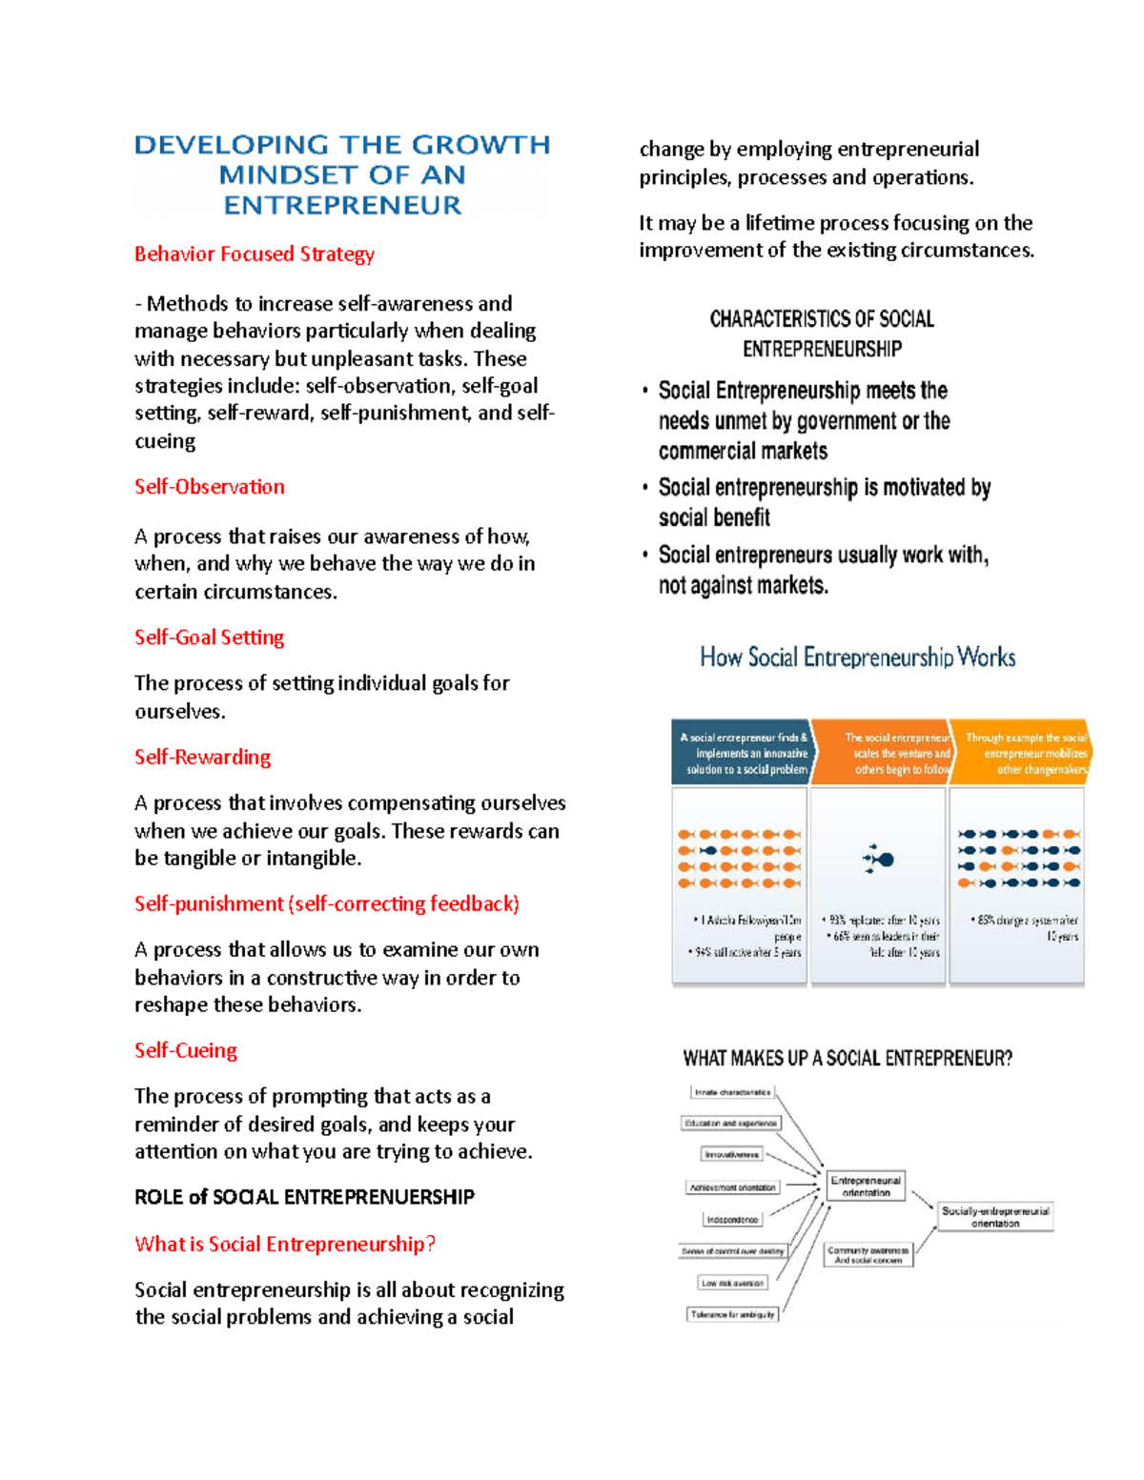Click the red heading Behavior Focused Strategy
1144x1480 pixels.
254,254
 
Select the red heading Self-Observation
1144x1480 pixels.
209,487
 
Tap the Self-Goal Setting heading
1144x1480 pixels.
209,638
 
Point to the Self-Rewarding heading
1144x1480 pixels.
202,758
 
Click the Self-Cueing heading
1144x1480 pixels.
185,1051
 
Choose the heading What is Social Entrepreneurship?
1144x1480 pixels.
284,1245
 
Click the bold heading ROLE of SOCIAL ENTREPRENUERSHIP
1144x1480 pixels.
304,1198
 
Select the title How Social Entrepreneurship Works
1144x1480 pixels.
857,658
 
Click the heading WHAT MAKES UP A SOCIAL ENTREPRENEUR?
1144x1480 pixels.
848,1059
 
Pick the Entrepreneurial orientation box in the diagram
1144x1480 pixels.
866,1186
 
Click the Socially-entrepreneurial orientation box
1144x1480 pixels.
995,1217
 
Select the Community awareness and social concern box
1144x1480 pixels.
868,1255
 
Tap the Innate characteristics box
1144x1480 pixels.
732,1093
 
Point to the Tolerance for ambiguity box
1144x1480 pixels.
732,1315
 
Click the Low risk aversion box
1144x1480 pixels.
732,1283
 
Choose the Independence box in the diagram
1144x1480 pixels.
732,1220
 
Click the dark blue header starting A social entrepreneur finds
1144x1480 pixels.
742,753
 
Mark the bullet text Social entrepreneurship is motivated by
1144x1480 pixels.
825,488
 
